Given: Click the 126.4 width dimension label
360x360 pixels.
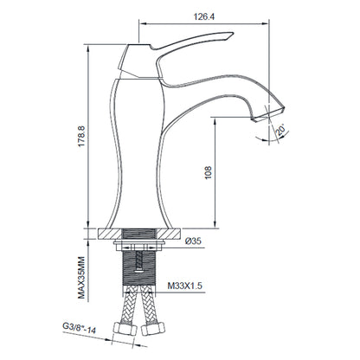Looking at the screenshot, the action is [x=204, y=16].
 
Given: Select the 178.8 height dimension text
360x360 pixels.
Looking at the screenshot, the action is [x=81, y=136].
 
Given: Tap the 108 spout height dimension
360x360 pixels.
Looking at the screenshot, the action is [x=209, y=172].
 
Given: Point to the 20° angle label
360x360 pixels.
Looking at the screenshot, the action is [x=280, y=130].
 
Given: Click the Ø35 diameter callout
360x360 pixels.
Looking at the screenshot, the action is [x=193, y=241].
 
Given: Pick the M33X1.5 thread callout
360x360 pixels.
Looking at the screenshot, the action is [x=185, y=286].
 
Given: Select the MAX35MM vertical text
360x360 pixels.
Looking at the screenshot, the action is [x=81, y=278].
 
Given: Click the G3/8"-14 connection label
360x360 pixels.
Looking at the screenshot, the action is [x=79, y=327].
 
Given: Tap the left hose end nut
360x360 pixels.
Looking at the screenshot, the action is [x=124, y=329].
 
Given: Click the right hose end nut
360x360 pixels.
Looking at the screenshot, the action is [x=153, y=329].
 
